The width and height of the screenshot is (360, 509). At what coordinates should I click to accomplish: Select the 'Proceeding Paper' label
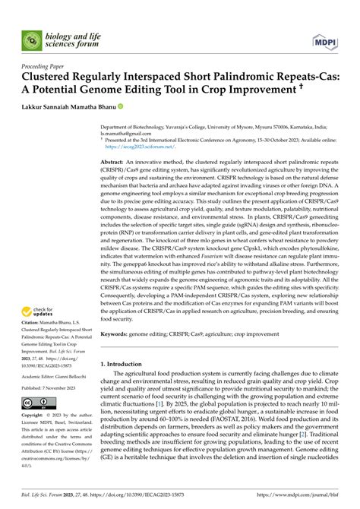(x=46, y=67)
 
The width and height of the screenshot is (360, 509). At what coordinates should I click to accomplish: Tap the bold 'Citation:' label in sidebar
(x=33, y=324)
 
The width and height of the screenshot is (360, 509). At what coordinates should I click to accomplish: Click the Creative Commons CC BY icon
(x=38, y=403)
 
